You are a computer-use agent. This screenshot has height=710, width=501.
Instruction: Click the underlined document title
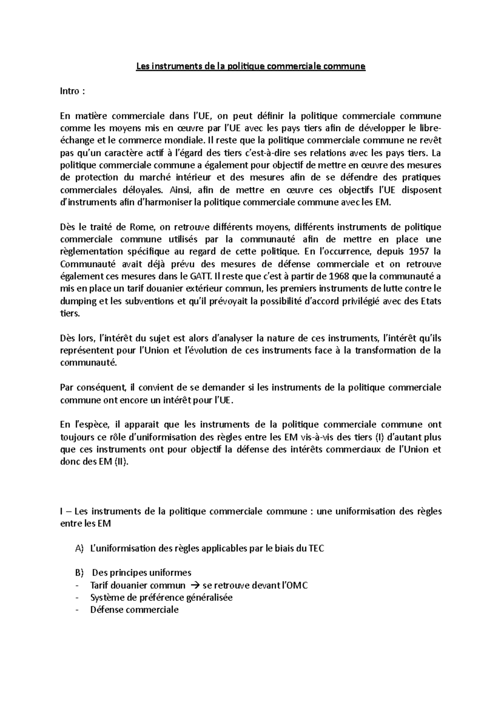250,66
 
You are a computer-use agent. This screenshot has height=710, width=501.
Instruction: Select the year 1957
420,252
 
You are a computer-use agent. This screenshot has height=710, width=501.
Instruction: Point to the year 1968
341,276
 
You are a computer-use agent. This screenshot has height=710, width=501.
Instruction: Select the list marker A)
80,549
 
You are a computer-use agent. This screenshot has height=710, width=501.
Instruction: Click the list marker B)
80,573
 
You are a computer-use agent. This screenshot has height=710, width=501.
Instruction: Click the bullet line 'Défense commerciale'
134,610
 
